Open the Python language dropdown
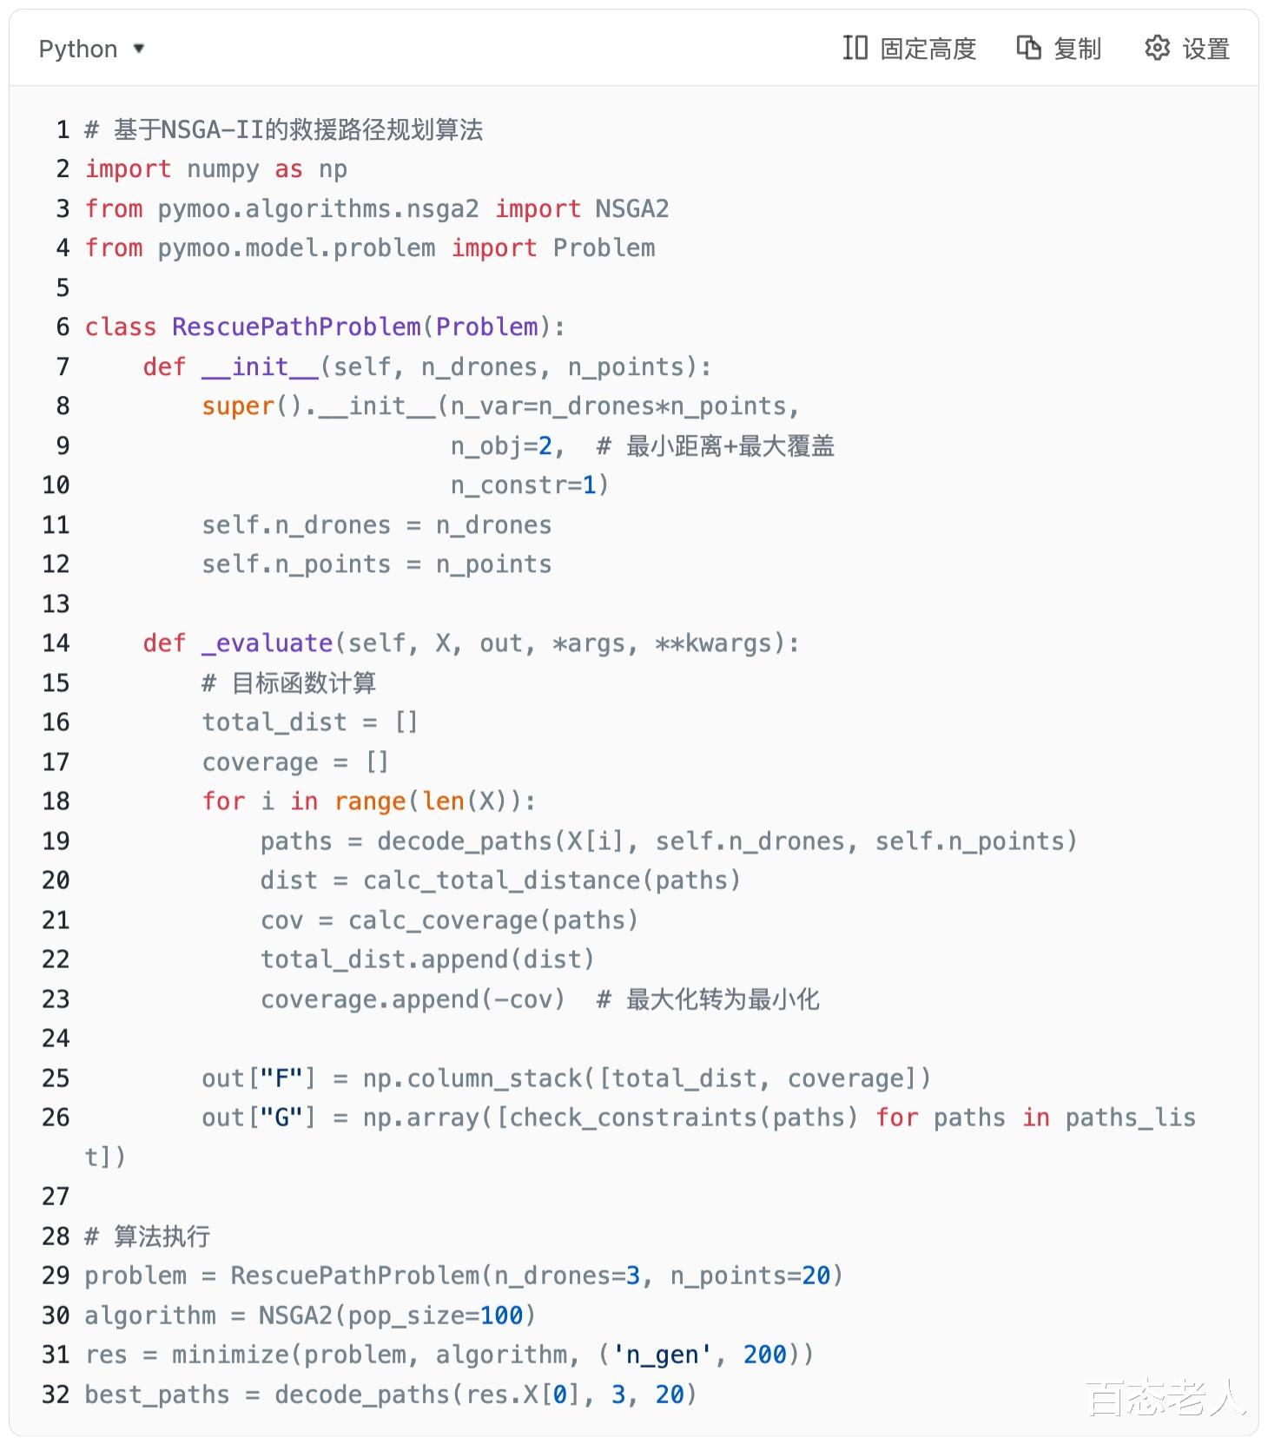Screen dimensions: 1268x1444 (91, 49)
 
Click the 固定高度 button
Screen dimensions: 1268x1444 (909, 49)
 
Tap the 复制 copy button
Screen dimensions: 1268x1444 (1059, 49)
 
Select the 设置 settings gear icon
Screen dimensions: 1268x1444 (1157, 48)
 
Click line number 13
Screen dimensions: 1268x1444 (56, 603)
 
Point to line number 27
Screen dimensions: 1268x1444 (56, 1197)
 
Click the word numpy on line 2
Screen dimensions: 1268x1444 (222, 169)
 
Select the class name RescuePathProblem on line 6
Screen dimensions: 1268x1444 (296, 327)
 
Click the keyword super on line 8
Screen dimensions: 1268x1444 (238, 406)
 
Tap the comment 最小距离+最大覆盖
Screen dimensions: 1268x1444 (730, 446)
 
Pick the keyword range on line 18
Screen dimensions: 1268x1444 (370, 801)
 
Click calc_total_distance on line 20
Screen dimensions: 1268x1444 (502, 880)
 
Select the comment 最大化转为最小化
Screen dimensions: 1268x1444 (722, 999)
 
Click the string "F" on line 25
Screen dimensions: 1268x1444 (281, 1078)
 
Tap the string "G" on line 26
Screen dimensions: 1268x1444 (281, 1118)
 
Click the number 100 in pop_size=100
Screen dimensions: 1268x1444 (501, 1315)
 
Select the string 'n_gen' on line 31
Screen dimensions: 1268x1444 (662, 1355)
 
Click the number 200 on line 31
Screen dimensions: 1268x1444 (764, 1355)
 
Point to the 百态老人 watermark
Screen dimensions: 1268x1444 (1165, 1397)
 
